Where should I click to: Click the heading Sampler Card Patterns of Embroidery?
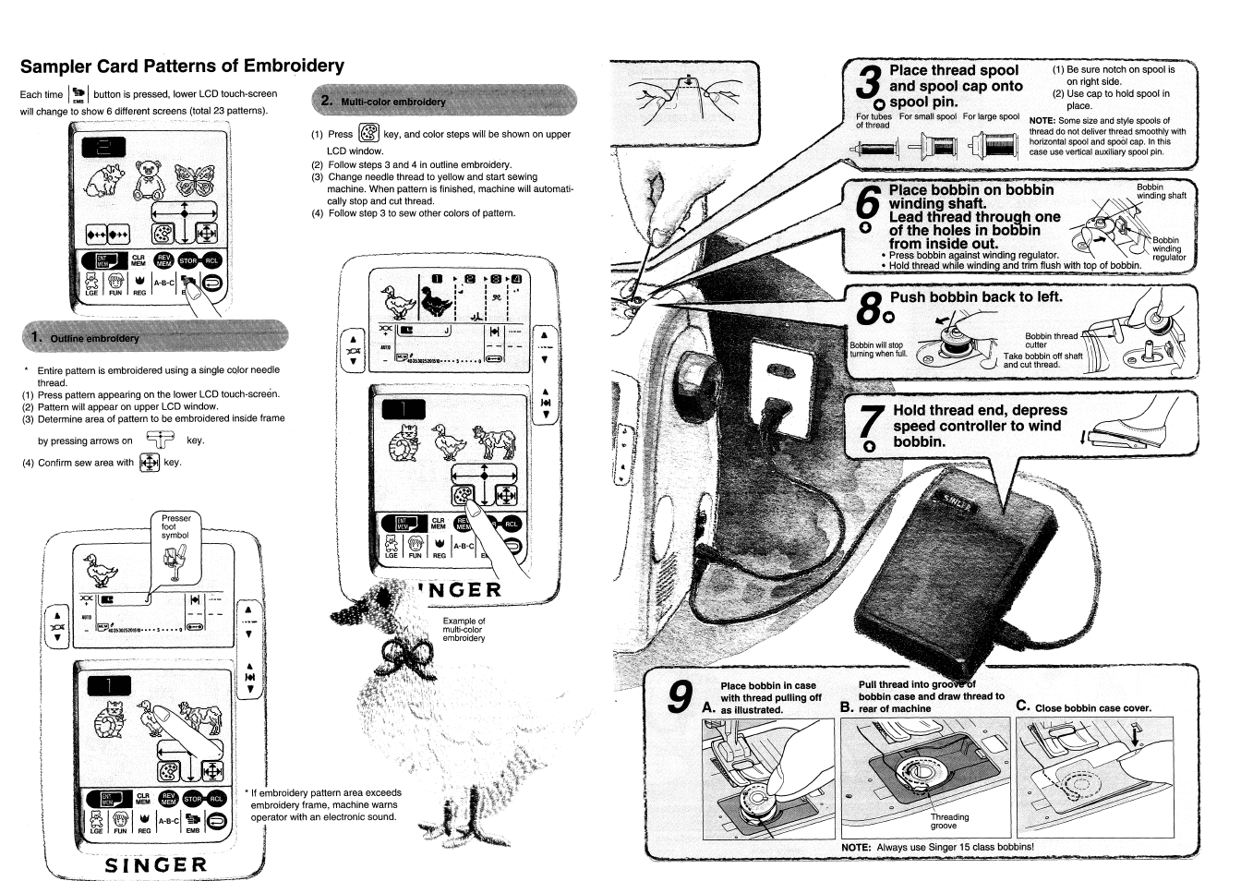182,66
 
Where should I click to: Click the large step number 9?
681,696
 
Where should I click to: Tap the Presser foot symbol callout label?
175,526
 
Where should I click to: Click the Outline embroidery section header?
94,338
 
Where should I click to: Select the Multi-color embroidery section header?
392,102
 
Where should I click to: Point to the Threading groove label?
949,821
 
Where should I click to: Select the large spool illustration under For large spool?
991,144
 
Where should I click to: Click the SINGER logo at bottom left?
156,865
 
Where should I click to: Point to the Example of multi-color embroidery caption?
464,629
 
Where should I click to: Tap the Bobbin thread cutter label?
1050,340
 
